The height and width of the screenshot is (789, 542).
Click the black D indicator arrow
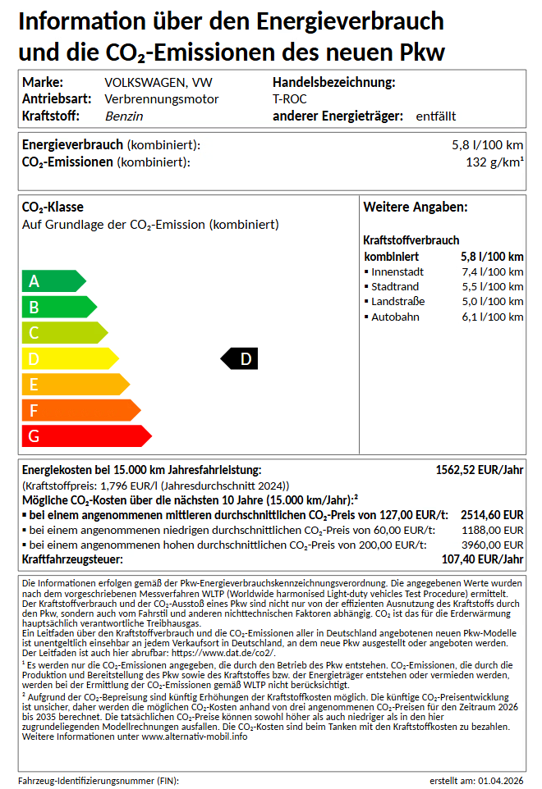coord(240,358)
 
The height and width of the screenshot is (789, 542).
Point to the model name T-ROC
coord(289,99)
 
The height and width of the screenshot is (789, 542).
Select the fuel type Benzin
coord(124,116)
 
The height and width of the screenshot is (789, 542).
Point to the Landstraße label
coord(398,302)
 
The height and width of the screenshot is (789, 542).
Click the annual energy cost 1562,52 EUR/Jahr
coord(479,470)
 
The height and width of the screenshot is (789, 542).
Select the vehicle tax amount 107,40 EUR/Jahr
coord(482,559)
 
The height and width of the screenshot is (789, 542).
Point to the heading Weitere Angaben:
coord(416,208)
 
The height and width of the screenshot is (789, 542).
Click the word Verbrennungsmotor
coord(162,99)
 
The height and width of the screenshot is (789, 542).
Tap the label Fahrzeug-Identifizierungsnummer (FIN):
coord(99,780)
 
